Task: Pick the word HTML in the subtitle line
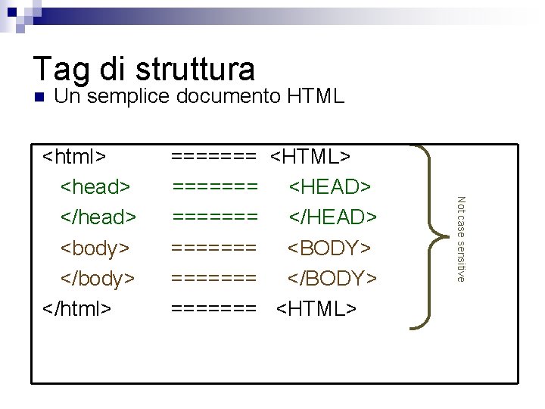click(x=316, y=96)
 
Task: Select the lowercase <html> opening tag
click(x=73, y=156)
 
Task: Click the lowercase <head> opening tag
click(x=95, y=186)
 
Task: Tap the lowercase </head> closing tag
click(x=98, y=217)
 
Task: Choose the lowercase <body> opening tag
click(x=95, y=248)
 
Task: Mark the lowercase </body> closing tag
click(x=98, y=278)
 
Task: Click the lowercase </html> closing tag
click(x=76, y=308)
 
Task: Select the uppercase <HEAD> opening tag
click(x=330, y=186)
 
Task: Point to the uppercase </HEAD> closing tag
click(x=333, y=217)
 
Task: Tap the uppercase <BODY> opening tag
click(x=329, y=248)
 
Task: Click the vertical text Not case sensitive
click(x=459, y=239)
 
